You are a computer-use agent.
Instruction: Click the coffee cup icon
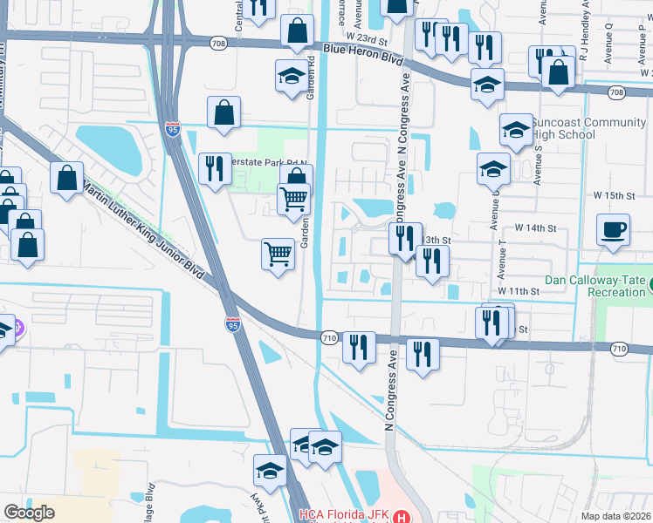tap(613, 230)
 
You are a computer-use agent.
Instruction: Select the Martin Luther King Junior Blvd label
tap(145, 231)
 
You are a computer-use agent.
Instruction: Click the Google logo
tap(30, 513)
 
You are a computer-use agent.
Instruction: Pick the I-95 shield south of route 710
tap(232, 325)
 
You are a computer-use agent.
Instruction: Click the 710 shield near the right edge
tap(619, 349)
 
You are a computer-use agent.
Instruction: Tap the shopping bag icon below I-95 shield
tap(224, 112)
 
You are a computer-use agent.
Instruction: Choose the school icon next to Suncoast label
tap(516, 130)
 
